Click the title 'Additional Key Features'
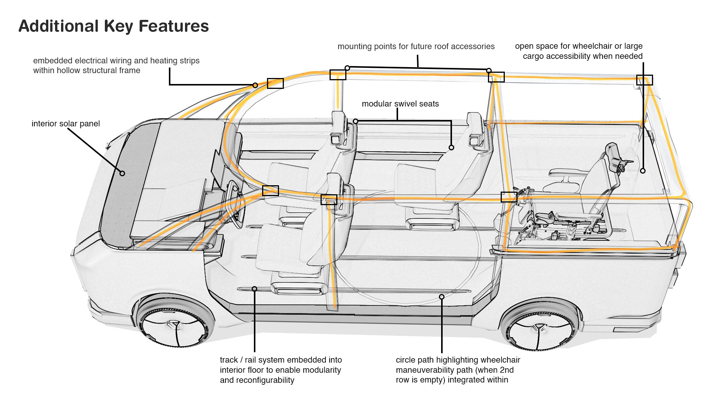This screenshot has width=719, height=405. coord(113,26)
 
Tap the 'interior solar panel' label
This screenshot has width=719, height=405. coord(66,124)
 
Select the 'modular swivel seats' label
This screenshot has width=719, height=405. coord(400,104)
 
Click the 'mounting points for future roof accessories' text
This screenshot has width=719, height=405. coord(416,46)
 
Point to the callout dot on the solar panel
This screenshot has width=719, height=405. coord(122,173)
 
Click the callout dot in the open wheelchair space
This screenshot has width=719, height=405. coord(643,171)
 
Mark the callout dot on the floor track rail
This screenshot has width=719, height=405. coord(254,289)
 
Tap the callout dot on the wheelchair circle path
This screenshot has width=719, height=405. coord(442,297)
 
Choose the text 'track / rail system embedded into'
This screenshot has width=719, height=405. coord(280,360)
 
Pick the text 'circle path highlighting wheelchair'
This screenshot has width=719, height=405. coord(458,360)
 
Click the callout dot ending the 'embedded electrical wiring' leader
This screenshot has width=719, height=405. coord(255,85)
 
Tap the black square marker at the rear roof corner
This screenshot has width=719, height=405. coord(644,80)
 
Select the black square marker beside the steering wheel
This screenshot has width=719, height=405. coord(270,190)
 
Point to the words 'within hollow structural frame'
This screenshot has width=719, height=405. coord(87,70)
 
